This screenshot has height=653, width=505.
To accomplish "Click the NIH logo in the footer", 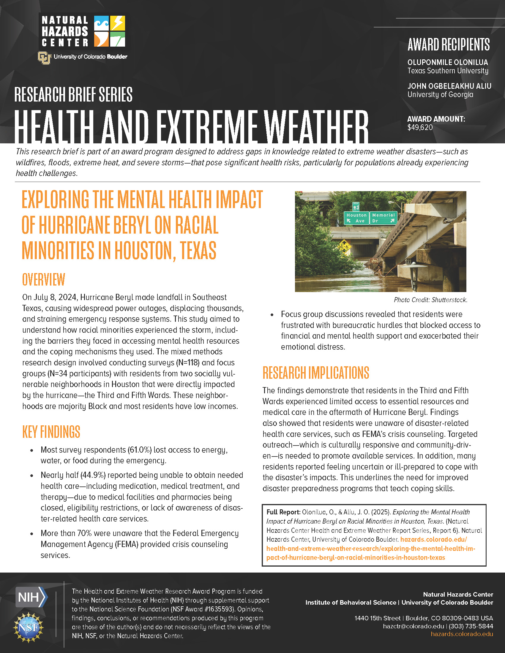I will tap(31, 597).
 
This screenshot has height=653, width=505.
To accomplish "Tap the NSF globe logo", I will tap(28, 627).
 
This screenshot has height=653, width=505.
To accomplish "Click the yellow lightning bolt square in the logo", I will tap(118, 23).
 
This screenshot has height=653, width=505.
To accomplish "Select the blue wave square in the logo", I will tap(101, 23).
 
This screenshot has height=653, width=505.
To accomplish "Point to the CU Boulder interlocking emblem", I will tap(44, 58).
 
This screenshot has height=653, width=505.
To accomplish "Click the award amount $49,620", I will tap(420, 128).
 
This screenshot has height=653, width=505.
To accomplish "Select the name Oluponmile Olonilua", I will tap(448, 63).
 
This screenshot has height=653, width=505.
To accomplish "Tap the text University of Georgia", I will tap(440, 95).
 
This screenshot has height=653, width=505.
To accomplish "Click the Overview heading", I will tap(44, 280).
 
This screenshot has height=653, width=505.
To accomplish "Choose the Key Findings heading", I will tap(51, 432).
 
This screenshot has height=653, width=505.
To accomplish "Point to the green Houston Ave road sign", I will tap(356, 218).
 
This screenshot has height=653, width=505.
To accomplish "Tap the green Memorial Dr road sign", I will tap(383, 218).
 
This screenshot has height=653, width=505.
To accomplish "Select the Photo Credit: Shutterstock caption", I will tap(430, 300).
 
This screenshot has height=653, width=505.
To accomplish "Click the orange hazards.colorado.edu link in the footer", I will tap(462, 634).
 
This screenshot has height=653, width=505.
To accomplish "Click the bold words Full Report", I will tap(283, 512).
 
